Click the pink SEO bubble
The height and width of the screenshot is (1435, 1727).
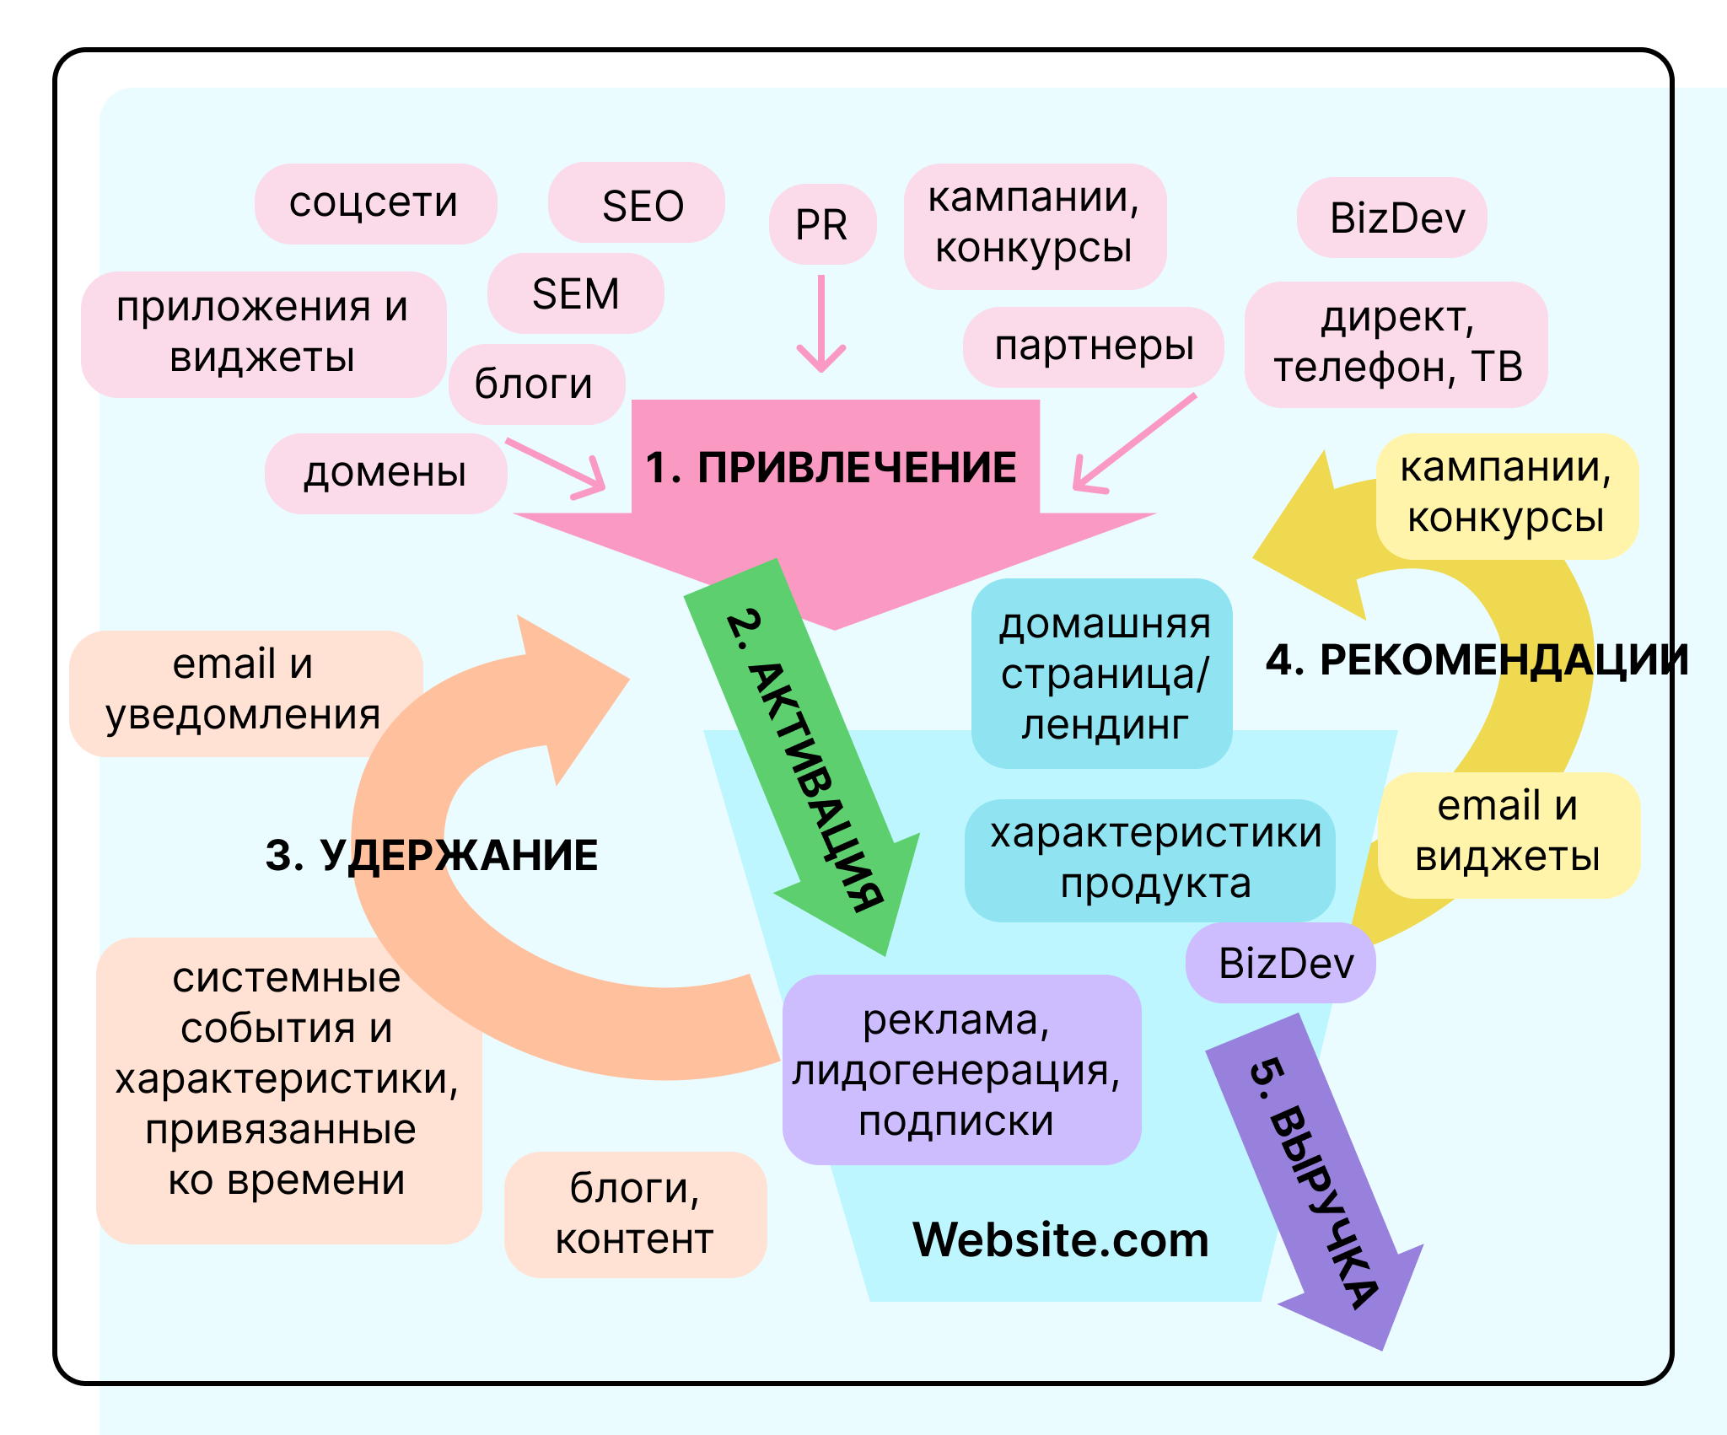click(x=637, y=203)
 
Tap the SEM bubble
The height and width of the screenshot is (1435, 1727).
click(x=576, y=293)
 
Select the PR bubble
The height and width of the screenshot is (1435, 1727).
click(x=822, y=224)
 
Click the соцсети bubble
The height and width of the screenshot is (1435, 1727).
click(x=375, y=203)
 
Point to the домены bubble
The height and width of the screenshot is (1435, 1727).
click(x=385, y=473)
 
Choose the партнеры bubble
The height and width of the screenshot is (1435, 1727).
click(x=1093, y=347)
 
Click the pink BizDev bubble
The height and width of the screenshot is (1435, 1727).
click(x=1391, y=218)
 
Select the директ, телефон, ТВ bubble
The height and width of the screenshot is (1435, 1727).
click(x=1396, y=344)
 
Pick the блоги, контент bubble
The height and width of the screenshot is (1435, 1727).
click(x=635, y=1214)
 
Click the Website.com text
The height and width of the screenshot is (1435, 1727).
click(x=1061, y=1239)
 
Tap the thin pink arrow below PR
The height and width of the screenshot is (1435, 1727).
click(x=820, y=325)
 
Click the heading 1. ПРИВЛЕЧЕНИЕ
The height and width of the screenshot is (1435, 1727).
click(x=831, y=468)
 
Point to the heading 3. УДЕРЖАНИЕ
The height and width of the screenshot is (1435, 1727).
click(x=431, y=855)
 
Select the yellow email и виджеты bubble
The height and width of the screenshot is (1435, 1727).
click(x=1508, y=834)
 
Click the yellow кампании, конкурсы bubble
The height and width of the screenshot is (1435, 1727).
click(x=1506, y=495)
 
